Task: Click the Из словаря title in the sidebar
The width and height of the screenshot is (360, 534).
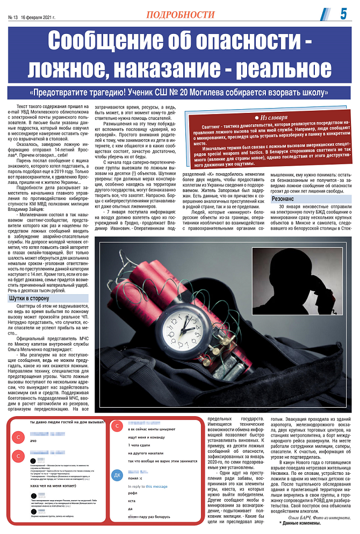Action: (x=271, y=117)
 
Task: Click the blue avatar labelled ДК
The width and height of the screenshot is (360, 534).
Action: (x=117, y=475)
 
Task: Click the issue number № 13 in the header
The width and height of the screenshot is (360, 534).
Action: (x=14, y=17)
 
